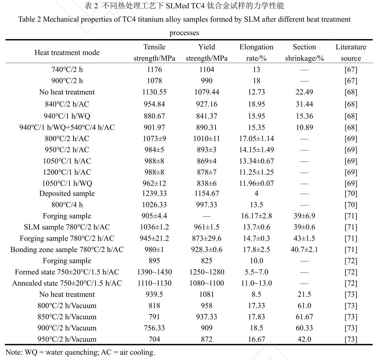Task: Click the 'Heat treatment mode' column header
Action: [x=67, y=53]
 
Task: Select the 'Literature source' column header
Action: [x=351, y=52]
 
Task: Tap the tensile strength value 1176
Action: [x=154, y=70]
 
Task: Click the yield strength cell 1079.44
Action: [x=206, y=92]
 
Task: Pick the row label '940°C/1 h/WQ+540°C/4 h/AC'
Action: [x=67, y=127]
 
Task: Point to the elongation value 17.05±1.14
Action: [x=256, y=139]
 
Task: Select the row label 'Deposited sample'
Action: [x=67, y=193]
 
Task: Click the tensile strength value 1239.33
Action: [x=154, y=193]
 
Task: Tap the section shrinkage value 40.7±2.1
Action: [x=304, y=250]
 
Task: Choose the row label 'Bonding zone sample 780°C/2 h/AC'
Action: [x=67, y=250]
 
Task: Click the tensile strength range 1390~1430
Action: [x=154, y=272]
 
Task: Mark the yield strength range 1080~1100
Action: [x=206, y=283]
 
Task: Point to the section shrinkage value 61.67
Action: [x=304, y=317]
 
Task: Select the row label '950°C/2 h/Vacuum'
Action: [x=67, y=339]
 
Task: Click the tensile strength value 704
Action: [x=154, y=339]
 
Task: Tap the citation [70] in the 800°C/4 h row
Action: [x=351, y=205]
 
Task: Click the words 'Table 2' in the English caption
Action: [x=29, y=19]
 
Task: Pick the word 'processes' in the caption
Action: [x=184, y=33]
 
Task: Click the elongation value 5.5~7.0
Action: [x=256, y=272]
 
